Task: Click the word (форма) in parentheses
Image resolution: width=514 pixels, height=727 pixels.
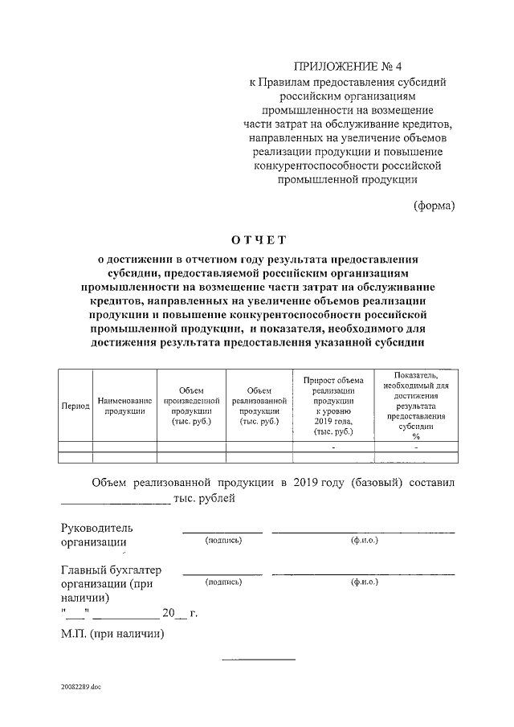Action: [x=434, y=205]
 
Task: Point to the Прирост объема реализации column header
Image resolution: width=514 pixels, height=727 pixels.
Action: [x=333, y=406]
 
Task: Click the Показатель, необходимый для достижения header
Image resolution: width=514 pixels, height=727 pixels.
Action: [x=416, y=406]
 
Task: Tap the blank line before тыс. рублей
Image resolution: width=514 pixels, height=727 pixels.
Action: [x=116, y=502]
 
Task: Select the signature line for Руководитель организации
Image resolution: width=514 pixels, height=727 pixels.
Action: [x=222, y=531]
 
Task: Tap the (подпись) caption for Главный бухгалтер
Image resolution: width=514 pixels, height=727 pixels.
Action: [x=223, y=582]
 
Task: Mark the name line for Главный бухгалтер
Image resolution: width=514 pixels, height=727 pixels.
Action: [x=363, y=573]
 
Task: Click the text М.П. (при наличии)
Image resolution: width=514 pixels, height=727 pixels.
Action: [x=112, y=634]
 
